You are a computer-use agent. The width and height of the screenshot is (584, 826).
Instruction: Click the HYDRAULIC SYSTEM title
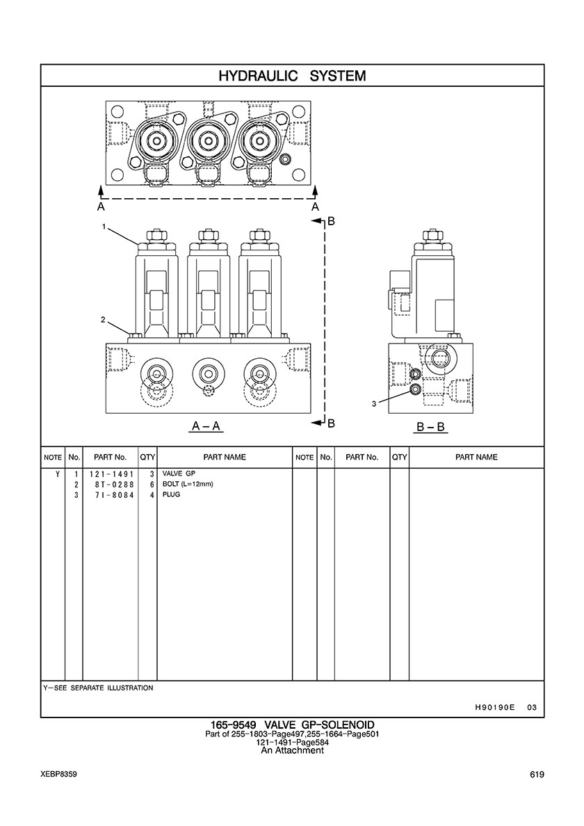tap(292, 76)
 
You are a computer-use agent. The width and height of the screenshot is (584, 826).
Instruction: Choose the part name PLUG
tap(171, 495)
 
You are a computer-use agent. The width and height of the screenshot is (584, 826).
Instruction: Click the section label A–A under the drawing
tap(206, 426)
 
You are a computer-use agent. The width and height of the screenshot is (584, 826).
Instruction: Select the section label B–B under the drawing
tap(430, 426)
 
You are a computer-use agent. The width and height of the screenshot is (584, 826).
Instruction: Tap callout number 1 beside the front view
tap(104, 227)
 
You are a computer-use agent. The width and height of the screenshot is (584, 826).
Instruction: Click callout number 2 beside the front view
tap(102, 320)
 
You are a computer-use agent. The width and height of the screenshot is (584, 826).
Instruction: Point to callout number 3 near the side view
tap(373, 403)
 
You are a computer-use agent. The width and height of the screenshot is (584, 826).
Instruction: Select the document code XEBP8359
tap(58, 775)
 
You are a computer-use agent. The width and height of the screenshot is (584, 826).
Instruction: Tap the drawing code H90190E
tap(494, 708)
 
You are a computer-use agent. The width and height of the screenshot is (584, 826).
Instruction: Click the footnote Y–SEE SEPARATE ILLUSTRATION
tap(98, 688)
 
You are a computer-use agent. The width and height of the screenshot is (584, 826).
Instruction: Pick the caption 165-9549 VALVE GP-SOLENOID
tap(291, 725)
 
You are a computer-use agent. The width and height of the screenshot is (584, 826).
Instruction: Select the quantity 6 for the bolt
tap(151, 484)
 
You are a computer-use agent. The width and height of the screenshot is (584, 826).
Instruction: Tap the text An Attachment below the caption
tap(292, 751)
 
